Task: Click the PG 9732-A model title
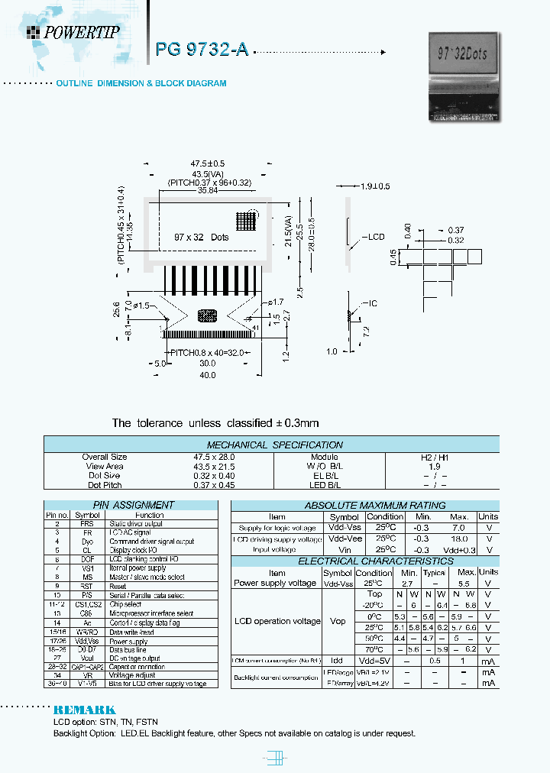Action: [x=202, y=50]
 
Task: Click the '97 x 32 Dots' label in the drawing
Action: [x=201, y=238]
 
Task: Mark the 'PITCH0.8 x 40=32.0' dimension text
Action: [x=207, y=352]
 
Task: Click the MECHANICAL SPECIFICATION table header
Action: [x=275, y=445]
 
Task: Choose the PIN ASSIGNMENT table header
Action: [x=133, y=505]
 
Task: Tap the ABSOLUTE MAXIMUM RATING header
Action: [x=364, y=505]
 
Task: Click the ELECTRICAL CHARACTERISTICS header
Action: [x=364, y=561]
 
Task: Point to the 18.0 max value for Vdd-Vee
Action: [x=458, y=539]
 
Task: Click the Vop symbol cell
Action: [x=338, y=621]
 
